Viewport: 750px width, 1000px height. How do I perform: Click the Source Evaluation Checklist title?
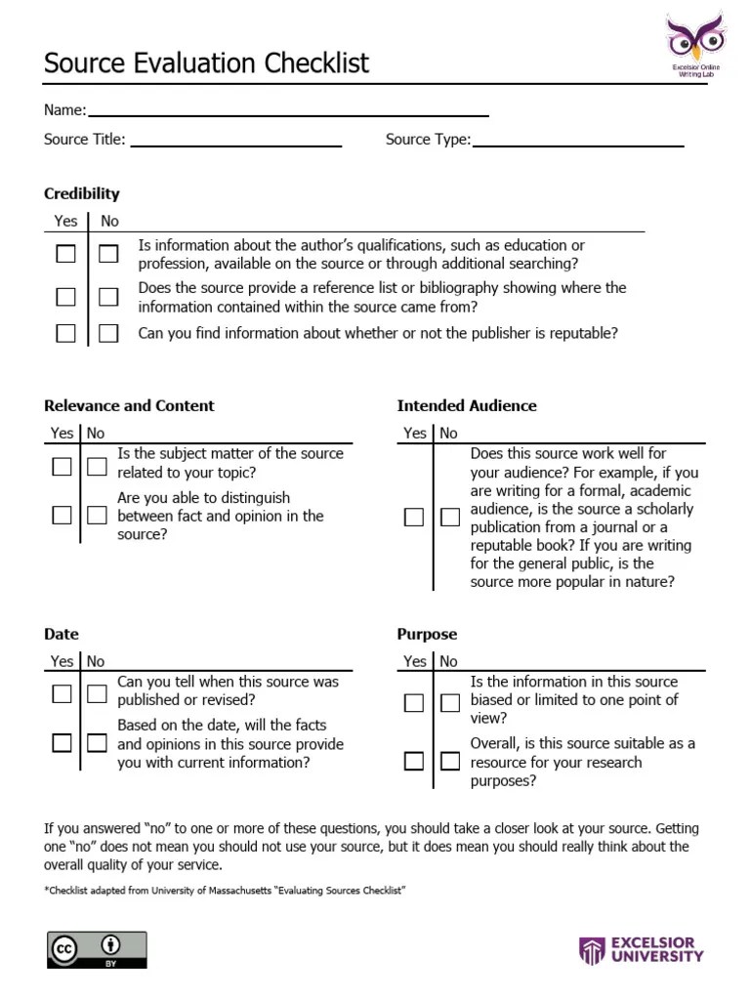[206, 63]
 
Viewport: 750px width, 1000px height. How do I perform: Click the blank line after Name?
[288, 113]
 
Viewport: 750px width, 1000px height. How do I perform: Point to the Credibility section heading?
[82, 193]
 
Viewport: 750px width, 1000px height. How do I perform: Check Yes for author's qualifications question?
[65, 254]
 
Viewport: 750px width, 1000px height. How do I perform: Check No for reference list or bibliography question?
[108, 297]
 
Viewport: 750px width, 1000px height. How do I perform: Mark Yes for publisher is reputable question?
[65, 333]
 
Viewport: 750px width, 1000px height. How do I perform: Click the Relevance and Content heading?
[129, 405]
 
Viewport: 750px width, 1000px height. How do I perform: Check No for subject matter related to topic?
[97, 466]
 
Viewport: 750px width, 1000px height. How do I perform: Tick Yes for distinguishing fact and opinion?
[62, 515]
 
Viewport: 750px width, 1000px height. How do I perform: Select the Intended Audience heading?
[467, 405]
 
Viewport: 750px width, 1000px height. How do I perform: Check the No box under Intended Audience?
[449, 518]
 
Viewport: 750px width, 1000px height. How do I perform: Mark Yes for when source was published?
[62, 693]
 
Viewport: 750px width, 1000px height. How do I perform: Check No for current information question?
[97, 742]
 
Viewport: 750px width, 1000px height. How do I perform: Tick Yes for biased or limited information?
[414, 702]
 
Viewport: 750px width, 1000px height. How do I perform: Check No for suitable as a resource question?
[449, 760]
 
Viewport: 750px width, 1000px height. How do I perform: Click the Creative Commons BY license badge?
[97, 949]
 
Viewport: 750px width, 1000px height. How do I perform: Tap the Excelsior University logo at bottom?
[641, 950]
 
